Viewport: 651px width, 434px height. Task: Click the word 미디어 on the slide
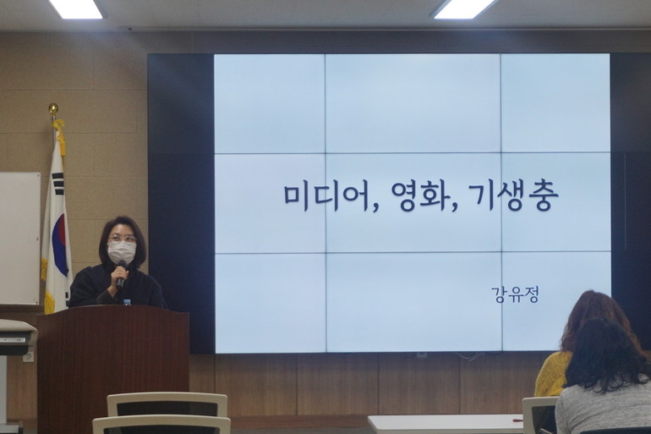(x=326, y=197)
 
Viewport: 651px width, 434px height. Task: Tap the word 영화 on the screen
(x=420, y=196)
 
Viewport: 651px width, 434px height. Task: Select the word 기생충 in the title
(x=513, y=196)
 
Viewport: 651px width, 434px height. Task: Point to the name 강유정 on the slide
(x=515, y=294)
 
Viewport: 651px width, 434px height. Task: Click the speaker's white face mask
(x=122, y=252)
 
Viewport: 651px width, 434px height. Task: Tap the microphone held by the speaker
(x=121, y=275)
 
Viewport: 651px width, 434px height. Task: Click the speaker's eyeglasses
(x=122, y=239)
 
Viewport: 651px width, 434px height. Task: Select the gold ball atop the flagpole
(x=53, y=108)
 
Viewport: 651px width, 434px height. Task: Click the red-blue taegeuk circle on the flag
(x=61, y=244)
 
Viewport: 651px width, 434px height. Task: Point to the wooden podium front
(x=113, y=370)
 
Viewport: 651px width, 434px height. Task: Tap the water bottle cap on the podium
(x=127, y=301)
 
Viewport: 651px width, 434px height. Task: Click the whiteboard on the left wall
(x=20, y=238)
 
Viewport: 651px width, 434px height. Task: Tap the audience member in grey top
(x=605, y=380)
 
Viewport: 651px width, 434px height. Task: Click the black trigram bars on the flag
(x=58, y=183)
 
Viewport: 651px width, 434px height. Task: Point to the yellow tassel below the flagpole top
(x=60, y=136)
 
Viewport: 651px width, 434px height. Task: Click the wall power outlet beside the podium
(x=28, y=356)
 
